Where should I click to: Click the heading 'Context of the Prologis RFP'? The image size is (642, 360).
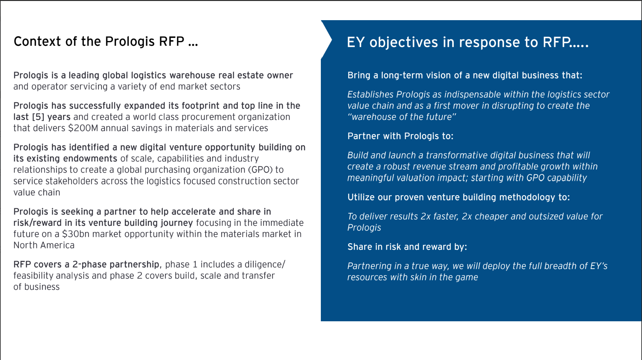(106, 42)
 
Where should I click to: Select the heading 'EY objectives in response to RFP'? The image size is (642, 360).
(467, 42)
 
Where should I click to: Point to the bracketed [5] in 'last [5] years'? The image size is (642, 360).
(38, 117)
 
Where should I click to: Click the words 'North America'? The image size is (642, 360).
(44, 245)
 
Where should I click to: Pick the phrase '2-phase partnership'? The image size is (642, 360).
(116, 265)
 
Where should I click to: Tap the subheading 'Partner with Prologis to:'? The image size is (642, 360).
(400, 136)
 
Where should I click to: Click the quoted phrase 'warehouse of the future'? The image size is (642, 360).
(402, 117)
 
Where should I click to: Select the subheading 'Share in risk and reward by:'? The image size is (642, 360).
(407, 247)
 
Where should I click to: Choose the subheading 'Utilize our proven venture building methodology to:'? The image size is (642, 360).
(459, 197)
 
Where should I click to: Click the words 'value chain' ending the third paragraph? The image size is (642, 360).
(37, 193)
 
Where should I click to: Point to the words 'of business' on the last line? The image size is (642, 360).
(37, 287)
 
